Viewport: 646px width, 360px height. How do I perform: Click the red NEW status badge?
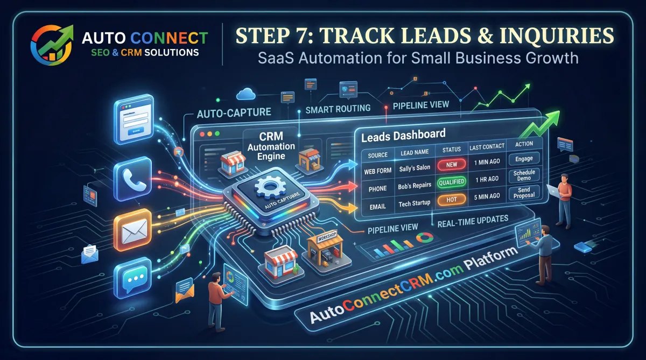pos(452,165)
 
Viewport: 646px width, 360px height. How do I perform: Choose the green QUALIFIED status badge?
pos(452,182)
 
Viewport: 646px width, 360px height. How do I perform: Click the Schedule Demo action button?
pos(524,174)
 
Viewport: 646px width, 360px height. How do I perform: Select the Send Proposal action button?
pos(524,192)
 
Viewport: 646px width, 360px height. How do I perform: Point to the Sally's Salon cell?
pos(415,168)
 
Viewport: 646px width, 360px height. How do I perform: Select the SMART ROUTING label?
pos(338,108)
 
